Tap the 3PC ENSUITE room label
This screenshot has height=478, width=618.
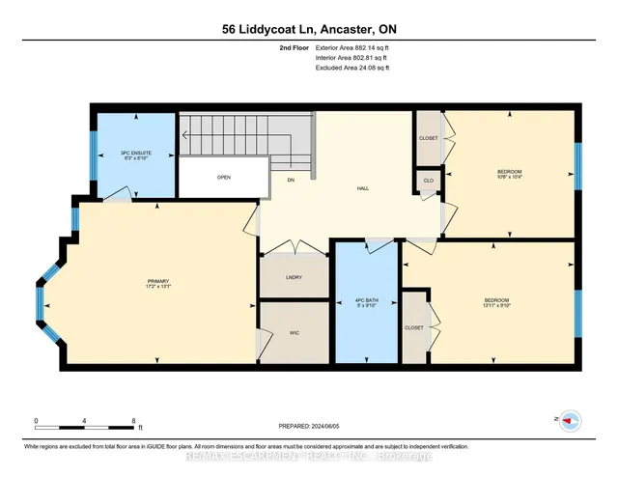tap(135, 153)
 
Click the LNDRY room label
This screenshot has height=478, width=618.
tap(294, 278)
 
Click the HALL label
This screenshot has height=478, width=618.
tap(362, 188)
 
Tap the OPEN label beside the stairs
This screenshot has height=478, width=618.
tap(223, 178)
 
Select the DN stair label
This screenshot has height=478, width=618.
tap(289, 180)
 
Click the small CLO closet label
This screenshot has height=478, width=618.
tap(427, 180)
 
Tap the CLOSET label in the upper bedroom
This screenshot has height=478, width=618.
tap(428, 138)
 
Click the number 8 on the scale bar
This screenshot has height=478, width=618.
tap(133, 421)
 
